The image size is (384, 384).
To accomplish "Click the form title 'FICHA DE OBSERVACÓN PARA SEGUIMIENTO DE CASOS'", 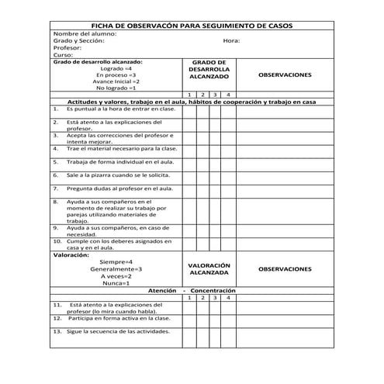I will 191,26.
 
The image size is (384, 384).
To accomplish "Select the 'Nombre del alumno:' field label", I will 85,34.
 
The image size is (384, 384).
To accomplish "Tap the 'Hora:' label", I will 231,41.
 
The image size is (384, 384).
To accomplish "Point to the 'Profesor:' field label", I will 68,48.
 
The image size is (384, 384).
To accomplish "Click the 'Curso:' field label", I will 64,55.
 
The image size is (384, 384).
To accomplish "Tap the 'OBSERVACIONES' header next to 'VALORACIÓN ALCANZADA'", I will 284,269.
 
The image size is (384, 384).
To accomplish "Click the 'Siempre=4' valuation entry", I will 116,262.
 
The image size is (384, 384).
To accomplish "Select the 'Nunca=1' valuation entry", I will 116,283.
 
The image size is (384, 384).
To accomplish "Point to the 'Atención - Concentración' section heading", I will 192,290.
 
